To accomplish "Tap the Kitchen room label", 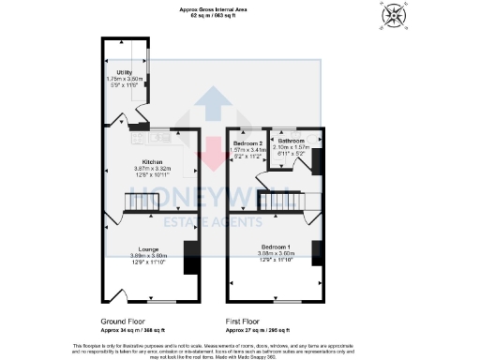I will click(x=153, y=161).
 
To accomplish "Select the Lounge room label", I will click(x=148, y=249).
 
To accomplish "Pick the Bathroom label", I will click(x=292, y=140).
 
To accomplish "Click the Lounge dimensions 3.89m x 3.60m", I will click(x=148, y=255).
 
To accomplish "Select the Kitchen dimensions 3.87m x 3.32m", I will click(x=153, y=167).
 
